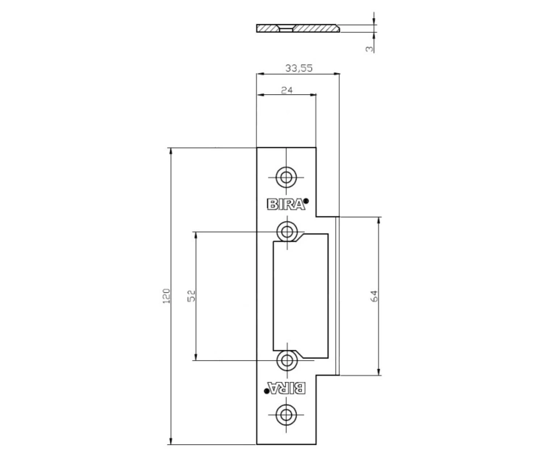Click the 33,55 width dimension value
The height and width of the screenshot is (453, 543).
pos(298,68)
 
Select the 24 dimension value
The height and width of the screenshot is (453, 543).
pos(287,90)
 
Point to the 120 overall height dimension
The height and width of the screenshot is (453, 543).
pos(167,296)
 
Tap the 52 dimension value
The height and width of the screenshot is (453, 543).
pos(192,296)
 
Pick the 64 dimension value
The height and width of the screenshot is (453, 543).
pos(374,296)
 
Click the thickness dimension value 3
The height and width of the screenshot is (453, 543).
pos(370,49)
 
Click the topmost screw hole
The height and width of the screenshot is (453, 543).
pos(286,178)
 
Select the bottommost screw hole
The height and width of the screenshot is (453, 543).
pos(286,414)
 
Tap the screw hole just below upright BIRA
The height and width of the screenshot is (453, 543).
pos(287,231)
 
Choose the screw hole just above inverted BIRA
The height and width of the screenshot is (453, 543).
pos(287,360)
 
